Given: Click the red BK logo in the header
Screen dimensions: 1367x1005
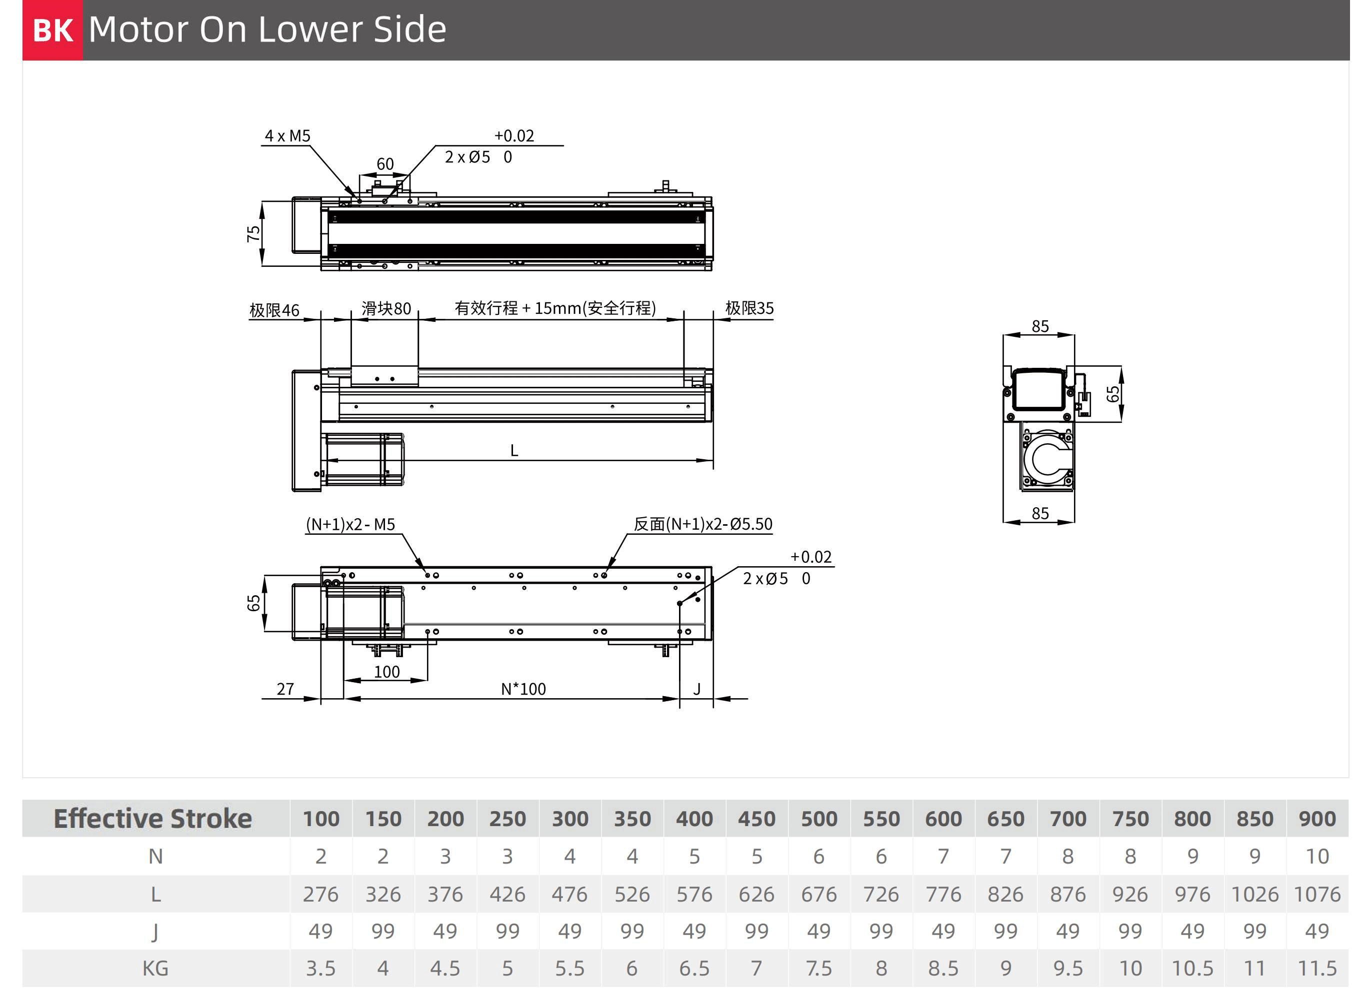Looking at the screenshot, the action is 52,30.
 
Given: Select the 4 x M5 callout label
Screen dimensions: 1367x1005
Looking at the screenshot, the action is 287,135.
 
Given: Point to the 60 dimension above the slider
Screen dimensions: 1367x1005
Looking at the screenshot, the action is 384,163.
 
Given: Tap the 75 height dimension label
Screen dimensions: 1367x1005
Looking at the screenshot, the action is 253,233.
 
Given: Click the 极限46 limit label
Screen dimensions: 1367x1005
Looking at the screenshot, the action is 274,310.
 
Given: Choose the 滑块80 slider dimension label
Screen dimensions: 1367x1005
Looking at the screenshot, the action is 386,308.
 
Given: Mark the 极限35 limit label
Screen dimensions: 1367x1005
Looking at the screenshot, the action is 749,308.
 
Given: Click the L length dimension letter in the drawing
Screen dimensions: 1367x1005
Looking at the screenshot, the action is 514,451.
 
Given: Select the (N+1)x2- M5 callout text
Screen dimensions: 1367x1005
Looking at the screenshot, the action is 350,524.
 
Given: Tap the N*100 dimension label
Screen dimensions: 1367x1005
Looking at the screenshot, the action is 523,689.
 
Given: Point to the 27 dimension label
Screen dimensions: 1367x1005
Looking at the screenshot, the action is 285,689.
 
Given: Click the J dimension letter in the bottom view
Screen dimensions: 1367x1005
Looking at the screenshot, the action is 697,689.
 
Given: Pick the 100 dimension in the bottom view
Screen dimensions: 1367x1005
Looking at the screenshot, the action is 386,672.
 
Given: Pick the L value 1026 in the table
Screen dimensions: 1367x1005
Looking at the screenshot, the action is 1255,894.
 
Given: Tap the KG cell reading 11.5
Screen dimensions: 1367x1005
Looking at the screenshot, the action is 1317,969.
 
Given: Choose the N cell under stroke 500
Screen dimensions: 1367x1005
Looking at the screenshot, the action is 818,857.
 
